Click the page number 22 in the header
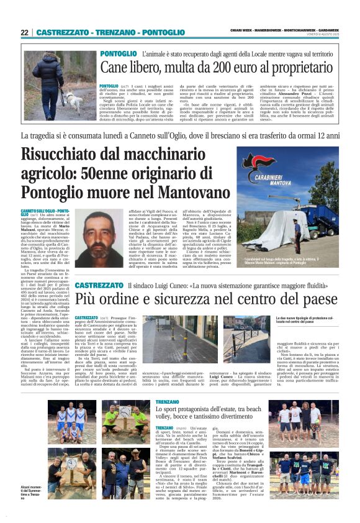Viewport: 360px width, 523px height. pos(24,32)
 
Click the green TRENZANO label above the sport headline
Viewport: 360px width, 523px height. pos(168,403)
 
